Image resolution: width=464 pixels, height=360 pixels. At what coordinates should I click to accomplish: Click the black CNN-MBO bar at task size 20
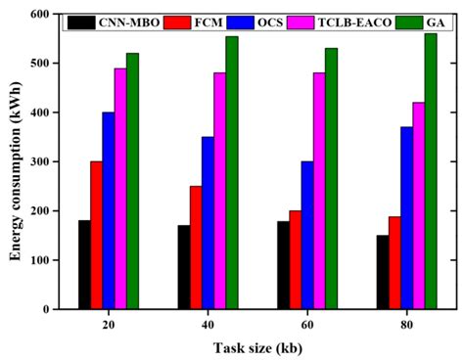coord(84,264)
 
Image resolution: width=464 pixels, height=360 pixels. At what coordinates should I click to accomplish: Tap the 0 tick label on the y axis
coord(45,309)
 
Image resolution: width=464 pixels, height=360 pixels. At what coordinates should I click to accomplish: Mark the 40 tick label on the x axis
coord(208,325)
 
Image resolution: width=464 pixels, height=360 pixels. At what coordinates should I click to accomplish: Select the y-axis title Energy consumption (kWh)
coord(15,161)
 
